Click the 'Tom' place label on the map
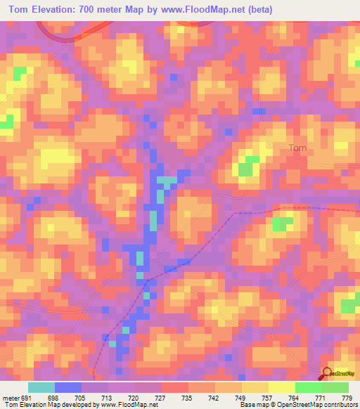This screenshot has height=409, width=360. tap(298, 148)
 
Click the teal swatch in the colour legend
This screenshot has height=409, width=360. tap(41, 387)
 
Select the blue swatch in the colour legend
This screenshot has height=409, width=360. tap(68, 387)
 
